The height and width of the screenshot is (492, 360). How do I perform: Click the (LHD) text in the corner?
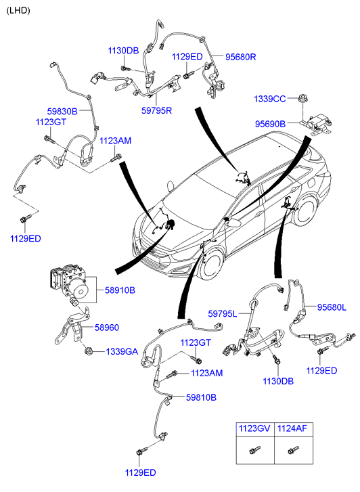click(x=18, y=10)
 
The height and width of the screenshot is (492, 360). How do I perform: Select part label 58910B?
click(x=120, y=290)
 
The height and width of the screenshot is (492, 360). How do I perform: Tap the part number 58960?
click(x=107, y=328)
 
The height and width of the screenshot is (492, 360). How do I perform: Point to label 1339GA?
click(x=122, y=352)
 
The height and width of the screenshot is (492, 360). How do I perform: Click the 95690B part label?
click(x=270, y=124)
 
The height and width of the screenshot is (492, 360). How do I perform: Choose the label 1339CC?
click(x=269, y=99)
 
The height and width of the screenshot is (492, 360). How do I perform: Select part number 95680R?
click(x=241, y=57)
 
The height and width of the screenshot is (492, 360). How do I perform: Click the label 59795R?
click(x=156, y=110)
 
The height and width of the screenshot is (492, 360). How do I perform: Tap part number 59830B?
click(x=62, y=111)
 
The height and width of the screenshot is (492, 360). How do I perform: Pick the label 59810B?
click(x=201, y=397)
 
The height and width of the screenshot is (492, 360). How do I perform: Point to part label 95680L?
click(x=332, y=307)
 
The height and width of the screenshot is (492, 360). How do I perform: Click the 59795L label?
click(x=223, y=313)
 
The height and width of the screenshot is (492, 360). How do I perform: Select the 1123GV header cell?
click(x=255, y=428)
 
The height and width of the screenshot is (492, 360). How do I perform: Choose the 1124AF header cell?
click(x=294, y=428)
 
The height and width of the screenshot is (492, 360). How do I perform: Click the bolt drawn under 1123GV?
click(x=254, y=450)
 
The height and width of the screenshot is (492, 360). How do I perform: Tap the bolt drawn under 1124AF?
click(x=293, y=450)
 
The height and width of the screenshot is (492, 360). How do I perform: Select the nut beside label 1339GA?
click(x=89, y=351)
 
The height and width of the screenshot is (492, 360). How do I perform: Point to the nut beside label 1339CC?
click(x=302, y=98)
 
